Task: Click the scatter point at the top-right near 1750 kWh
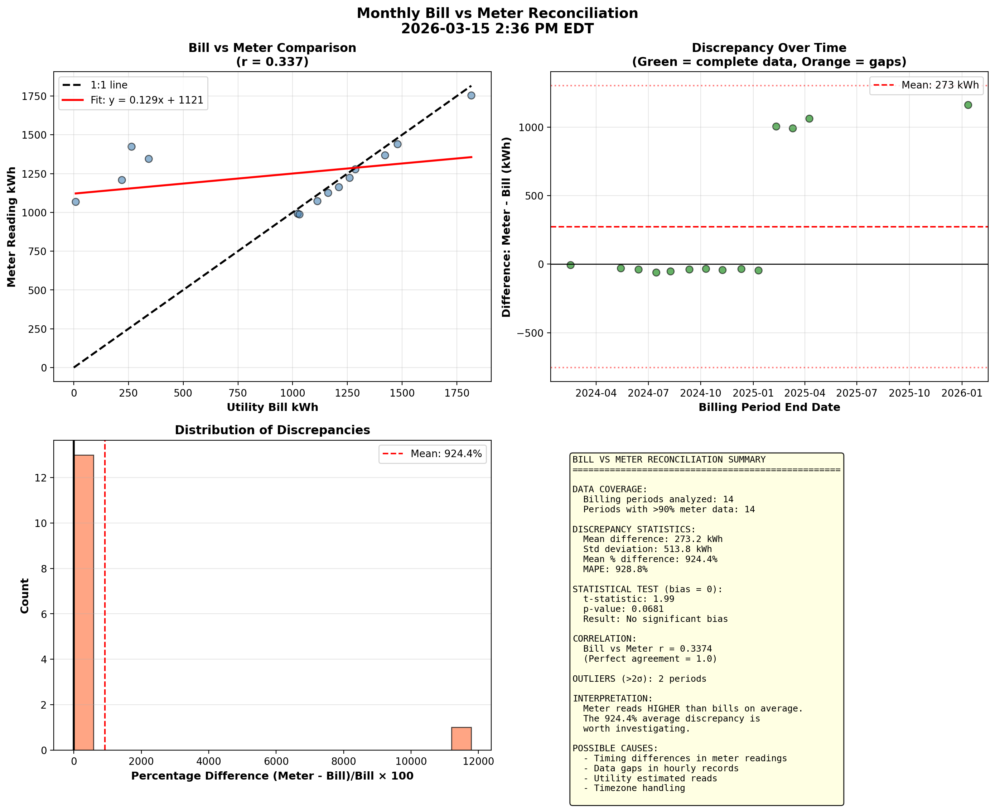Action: (471, 95)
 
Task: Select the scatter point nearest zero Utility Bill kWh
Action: (76, 202)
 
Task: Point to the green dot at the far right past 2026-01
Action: (968, 105)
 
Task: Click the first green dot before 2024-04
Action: (570, 265)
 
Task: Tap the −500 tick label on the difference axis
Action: (530, 333)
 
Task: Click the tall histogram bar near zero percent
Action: (84, 602)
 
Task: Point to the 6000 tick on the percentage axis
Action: (276, 762)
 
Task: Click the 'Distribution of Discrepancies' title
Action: (272, 430)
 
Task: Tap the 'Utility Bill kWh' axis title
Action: (272, 407)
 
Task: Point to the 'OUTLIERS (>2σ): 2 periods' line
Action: (639, 679)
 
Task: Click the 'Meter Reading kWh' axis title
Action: (12, 227)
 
